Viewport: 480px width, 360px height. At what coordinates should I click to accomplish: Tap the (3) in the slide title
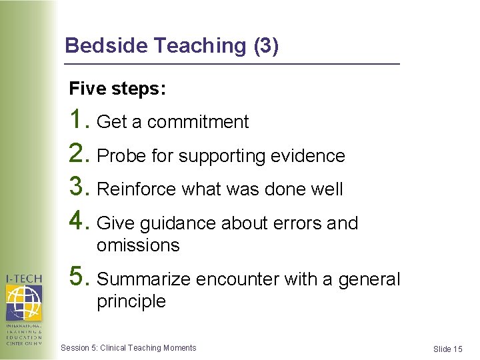[x=266, y=45]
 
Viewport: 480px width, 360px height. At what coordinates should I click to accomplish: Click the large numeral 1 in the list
[x=78, y=120]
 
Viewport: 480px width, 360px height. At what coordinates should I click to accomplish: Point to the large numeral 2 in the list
[x=78, y=154]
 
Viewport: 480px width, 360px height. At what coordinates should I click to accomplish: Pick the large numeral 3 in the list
[x=78, y=187]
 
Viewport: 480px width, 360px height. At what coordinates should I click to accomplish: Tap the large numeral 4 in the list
[x=78, y=221]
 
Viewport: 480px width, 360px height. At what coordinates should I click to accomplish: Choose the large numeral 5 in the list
[x=78, y=277]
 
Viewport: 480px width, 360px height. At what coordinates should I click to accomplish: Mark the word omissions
[x=138, y=245]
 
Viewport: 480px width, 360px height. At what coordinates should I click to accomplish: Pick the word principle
[x=131, y=301]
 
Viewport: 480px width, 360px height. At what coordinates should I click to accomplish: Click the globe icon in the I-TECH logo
[x=23, y=303]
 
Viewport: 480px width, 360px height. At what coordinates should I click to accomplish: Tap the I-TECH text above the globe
[x=23, y=279]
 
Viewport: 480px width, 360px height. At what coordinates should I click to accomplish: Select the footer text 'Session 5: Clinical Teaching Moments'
[x=128, y=348]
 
